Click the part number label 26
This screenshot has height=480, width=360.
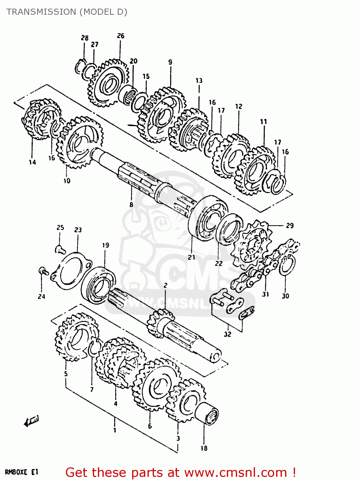coord(120,36)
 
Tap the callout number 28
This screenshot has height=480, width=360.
coord(84,38)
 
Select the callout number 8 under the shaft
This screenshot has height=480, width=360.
coord(131,204)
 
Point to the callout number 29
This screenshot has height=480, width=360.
coord(290,226)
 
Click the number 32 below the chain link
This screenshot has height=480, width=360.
coord(227,334)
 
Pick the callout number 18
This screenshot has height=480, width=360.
coord(204,448)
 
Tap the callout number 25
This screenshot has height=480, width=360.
coord(60,228)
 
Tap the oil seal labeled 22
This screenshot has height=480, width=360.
coord(229,229)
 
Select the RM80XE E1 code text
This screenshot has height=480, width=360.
coord(22,472)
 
